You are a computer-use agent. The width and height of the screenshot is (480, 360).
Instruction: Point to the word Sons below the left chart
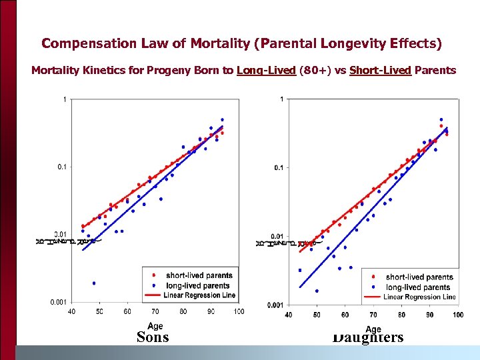(153, 337)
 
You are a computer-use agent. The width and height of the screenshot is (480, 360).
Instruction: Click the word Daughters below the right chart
(368, 337)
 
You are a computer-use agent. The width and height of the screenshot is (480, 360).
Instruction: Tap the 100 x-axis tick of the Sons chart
(239, 311)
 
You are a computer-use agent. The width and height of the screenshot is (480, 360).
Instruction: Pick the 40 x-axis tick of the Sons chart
(72, 311)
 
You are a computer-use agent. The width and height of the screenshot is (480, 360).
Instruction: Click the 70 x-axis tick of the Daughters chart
(373, 315)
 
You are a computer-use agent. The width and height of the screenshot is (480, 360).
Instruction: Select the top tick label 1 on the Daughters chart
(283, 99)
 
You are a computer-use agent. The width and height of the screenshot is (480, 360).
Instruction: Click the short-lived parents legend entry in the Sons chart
(199, 275)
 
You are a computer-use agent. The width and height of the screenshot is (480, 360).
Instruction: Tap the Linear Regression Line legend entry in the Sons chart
(197, 295)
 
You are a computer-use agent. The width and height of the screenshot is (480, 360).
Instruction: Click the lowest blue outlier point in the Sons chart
(94, 283)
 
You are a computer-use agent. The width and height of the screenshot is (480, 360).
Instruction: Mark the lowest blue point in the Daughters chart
(317, 291)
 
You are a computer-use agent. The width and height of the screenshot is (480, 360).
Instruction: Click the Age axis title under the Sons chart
(155, 325)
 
